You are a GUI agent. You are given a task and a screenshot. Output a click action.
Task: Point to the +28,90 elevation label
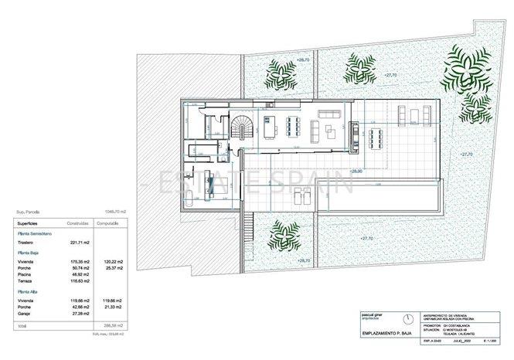pyautogui.click(x=356, y=171)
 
